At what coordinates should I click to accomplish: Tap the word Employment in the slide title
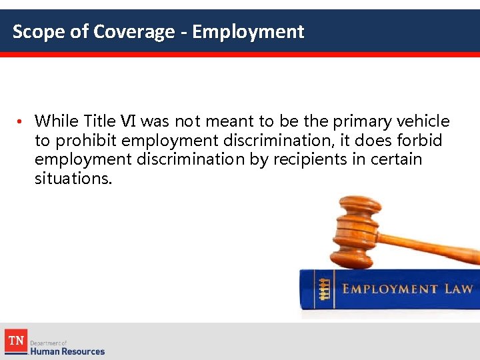pyautogui.click(x=248, y=31)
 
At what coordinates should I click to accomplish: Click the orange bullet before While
pyautogui.click(x=22, y=122)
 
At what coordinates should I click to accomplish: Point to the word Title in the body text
pyautogui.click(x=100, y=121)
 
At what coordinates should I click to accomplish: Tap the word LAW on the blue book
pyautogui.click(x=458, y=289)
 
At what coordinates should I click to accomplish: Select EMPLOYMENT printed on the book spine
pyautogui.click(x=390, y=289)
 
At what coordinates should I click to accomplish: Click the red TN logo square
pyautogui.click(x=15, y=341)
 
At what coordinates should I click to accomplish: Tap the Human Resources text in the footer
pyautogui.click(x=67, y=351)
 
